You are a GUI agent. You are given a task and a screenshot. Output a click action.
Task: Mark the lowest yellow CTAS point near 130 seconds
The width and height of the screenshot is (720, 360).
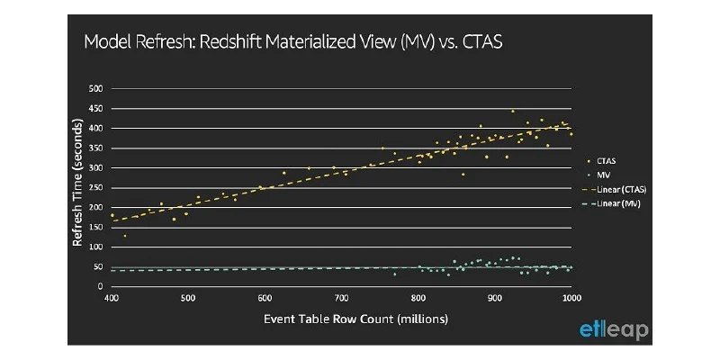(125, 236)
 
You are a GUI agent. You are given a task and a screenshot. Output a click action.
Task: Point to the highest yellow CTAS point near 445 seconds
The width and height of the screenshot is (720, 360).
(512, 111)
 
